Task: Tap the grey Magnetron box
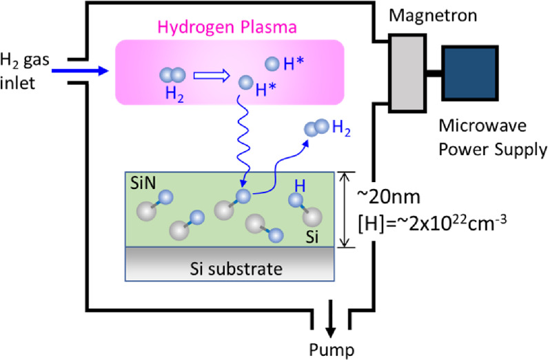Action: click(x=407, y=72)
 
